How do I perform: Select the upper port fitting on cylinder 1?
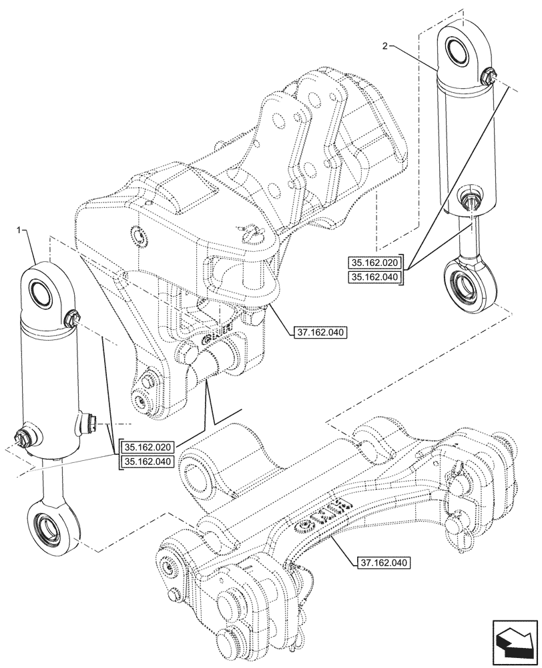coord(74,321)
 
